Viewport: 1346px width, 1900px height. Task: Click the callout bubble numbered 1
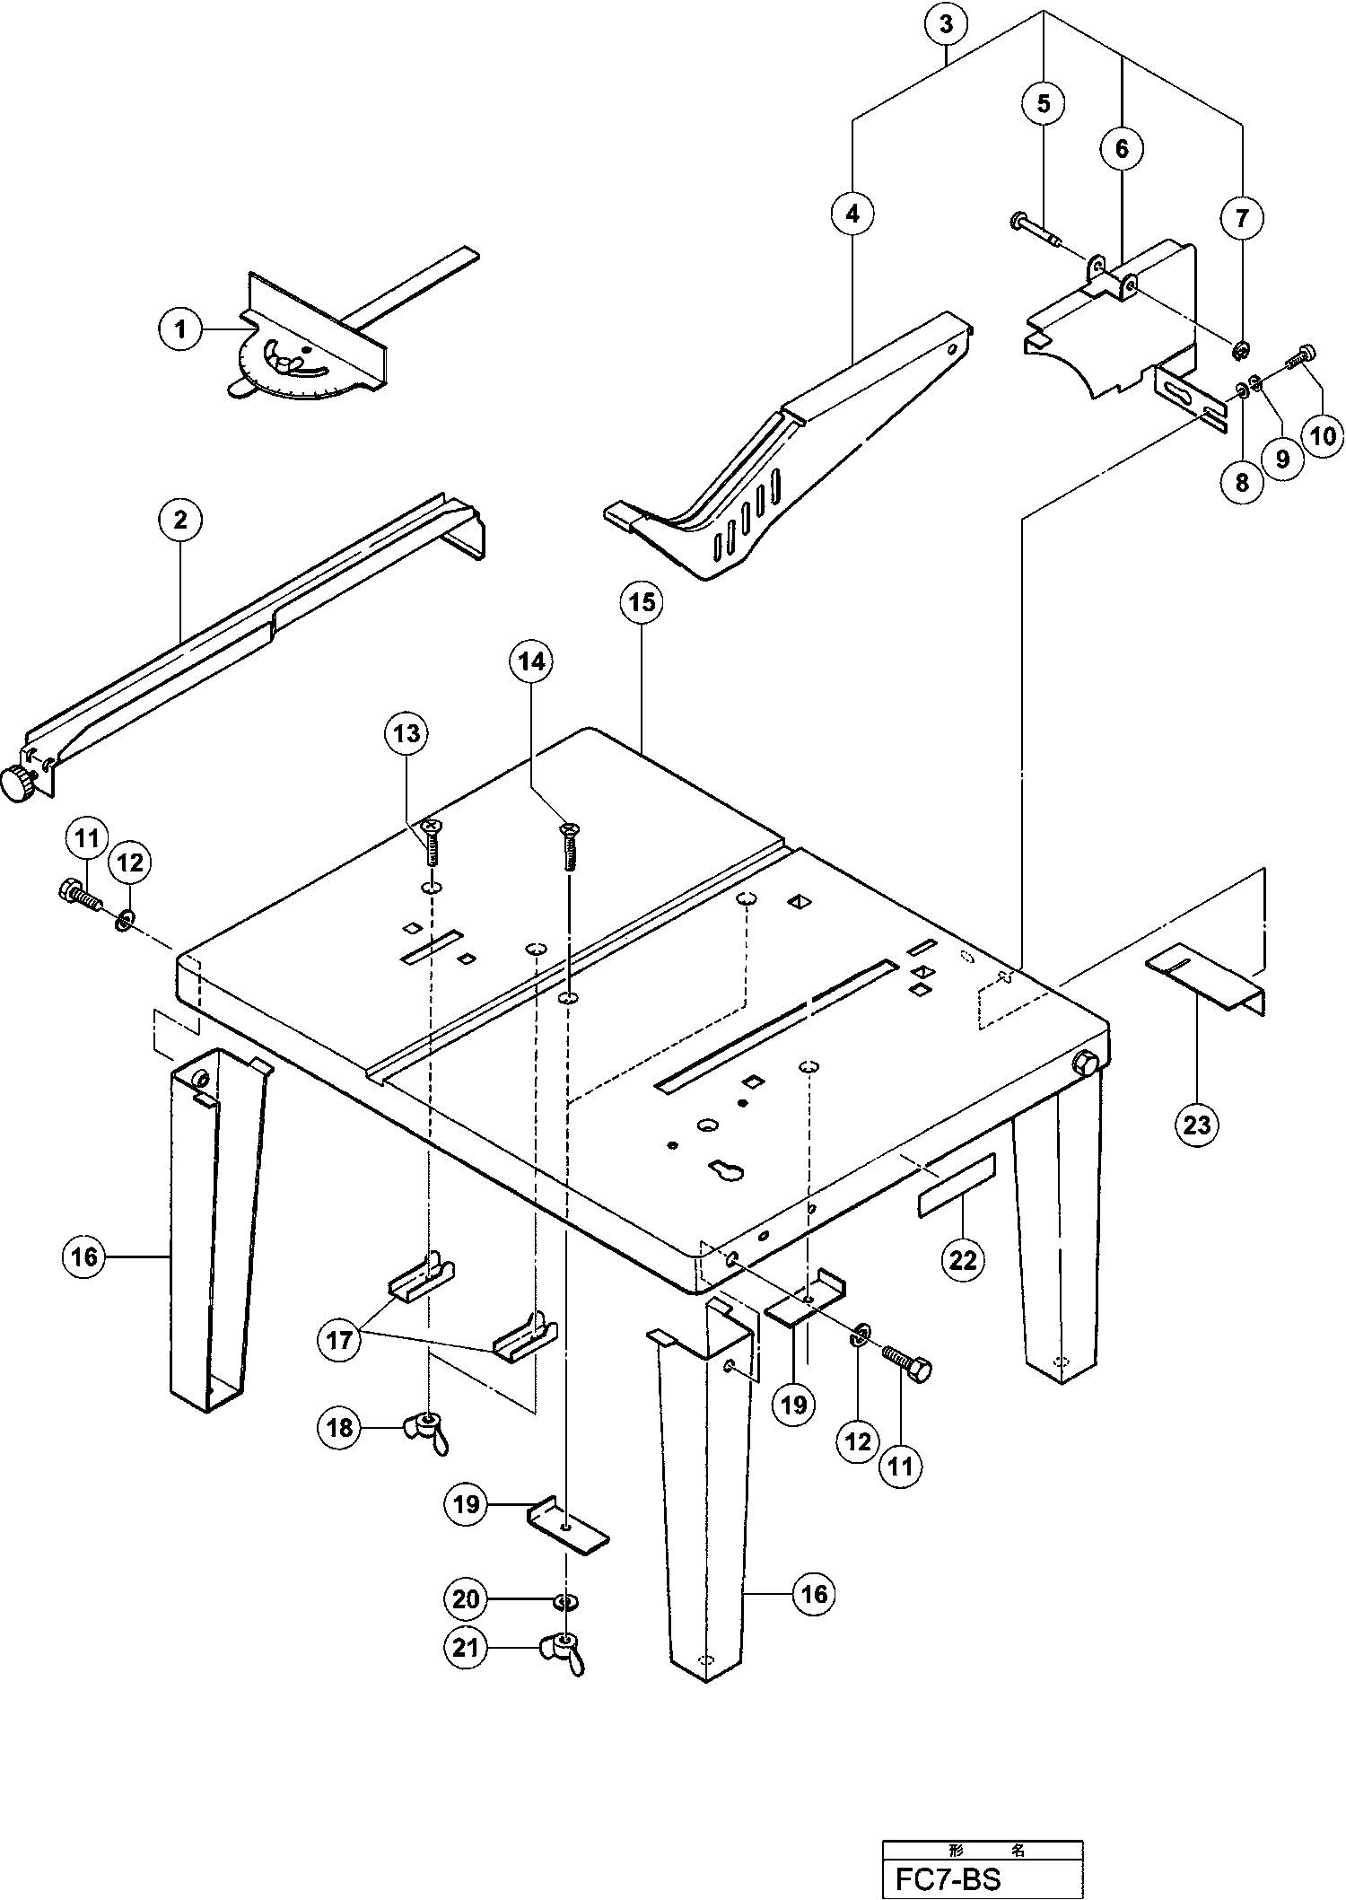click(x=180, y=329)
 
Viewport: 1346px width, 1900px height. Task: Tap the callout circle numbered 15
click(x=642, y=602)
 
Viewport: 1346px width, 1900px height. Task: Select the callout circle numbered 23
click(x=1197, y=1124)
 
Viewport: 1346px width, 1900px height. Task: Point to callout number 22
click(x=963, y=1260)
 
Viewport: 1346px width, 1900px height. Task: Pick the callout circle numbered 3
click(x=947, y=25)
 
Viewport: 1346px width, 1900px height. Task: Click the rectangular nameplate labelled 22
click(x=956, y=1184)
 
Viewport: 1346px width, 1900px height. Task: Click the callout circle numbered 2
click(x=180, y=519)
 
